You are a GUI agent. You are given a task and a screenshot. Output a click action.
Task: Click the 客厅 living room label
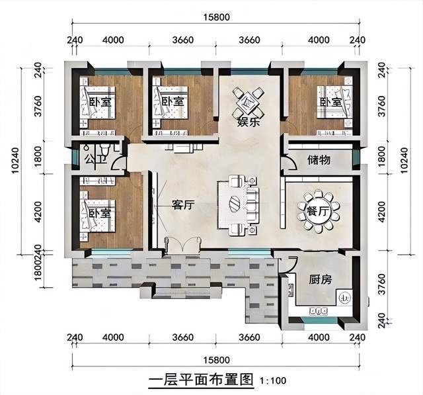(x=183, y=205)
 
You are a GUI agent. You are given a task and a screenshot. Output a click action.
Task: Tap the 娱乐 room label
(x=249, y=122)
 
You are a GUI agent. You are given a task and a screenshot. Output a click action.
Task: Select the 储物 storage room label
(x=319, y=160)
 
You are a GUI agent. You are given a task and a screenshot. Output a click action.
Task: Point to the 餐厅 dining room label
(x=319, y=211)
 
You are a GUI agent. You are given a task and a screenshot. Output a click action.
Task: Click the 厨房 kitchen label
(x=320, y=280)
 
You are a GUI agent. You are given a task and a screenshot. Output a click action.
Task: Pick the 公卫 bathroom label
(x=96, y=160)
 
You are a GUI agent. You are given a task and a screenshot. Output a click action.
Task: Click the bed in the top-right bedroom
(x=334, y=102)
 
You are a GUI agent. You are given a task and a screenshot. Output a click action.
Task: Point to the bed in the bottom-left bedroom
(x=98, y=215)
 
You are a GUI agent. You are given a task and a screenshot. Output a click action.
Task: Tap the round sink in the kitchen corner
(x=344, y=298)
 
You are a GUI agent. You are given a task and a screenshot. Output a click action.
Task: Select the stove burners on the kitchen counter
(x=319, y=311)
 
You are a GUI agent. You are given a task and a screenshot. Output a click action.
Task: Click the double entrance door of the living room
(x=183, y=244)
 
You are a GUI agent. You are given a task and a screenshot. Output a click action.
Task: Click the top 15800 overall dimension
(x=217, y=17)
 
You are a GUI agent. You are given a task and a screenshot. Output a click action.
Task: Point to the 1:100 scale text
(x=273, y=380)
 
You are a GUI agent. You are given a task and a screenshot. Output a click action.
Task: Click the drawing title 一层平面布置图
(x=201, y=380)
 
